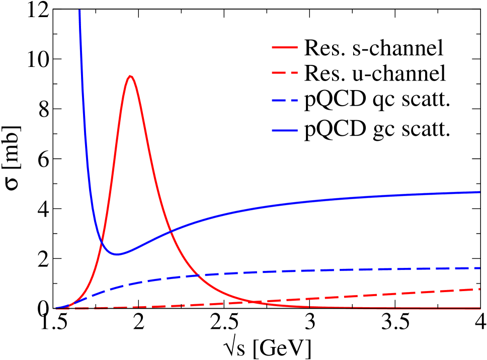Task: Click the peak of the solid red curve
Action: (x=131, y=76)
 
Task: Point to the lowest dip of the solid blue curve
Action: (x=117, y=254)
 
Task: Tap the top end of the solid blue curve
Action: (x=79, y=11)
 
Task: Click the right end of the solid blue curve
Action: (x=480, y=192)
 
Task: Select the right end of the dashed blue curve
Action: (x=480, y=268)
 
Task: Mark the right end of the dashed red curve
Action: (x=480, y=289)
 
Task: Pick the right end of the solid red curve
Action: (x=480, y=308)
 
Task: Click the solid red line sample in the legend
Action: (x=285, y=48)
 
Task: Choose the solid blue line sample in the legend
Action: (x=285, y=131)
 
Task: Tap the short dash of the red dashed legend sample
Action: (x=294, y=73)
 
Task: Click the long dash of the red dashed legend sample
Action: (x=279, y=73)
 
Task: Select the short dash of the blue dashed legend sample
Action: (x=294, y=101)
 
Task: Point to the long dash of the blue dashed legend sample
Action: (x=279, y=101)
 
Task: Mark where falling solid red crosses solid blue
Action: (x=171, y=232)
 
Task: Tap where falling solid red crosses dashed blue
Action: (x=197, y=275)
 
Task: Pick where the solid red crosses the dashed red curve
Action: (x=254, y=302)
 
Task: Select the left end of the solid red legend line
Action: (x=272, y=48)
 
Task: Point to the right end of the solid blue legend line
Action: (x=297, y=131)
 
